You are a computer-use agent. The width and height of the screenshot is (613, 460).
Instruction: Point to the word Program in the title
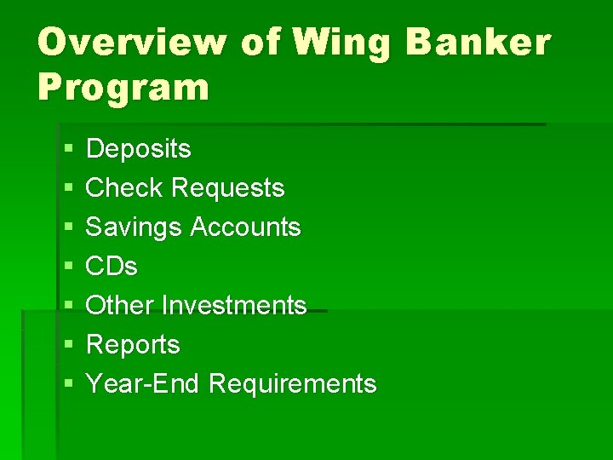point(123,87)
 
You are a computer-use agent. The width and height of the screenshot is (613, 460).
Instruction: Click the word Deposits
point(139,149)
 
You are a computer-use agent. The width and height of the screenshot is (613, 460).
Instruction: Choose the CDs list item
point(112,267)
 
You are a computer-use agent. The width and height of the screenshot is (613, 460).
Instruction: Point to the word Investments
point(234,305)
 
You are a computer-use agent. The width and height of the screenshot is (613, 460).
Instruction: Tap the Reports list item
point(134,345)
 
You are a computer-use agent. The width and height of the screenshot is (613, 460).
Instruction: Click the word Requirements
point(292,384)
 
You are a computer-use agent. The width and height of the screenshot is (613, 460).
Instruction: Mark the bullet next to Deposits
point(68,150)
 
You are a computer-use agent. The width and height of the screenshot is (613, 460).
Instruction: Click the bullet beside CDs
point(68,267)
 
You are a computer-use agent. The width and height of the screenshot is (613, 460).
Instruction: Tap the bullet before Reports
point(68,346)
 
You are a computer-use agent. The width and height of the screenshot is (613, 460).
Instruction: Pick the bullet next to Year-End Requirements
point(68,385)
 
